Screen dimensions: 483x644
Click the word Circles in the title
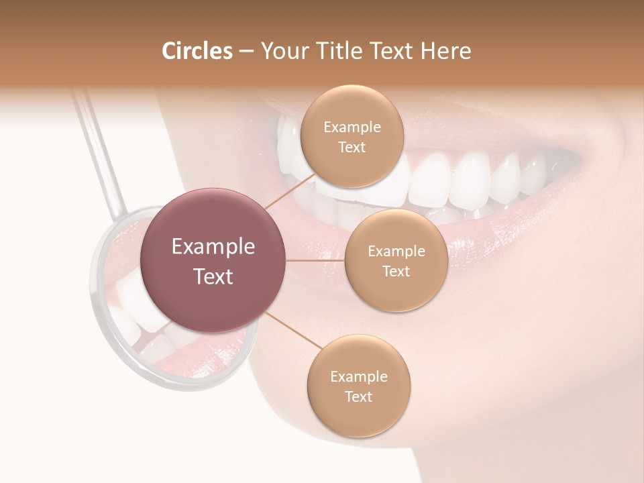click(197, 51)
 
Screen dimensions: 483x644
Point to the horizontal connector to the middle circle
click(315, 260)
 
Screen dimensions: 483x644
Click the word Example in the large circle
click(213, 247)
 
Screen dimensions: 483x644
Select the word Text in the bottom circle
click(358, 396)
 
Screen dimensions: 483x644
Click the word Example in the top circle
click(352, 127)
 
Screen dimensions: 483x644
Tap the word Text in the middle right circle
click(396, 271)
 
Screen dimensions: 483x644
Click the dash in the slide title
click(246, 51)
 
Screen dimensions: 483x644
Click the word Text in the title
click(394, 51)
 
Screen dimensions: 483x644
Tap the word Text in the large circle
click(213, 276)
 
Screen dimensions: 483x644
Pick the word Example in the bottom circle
click(358, 376)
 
